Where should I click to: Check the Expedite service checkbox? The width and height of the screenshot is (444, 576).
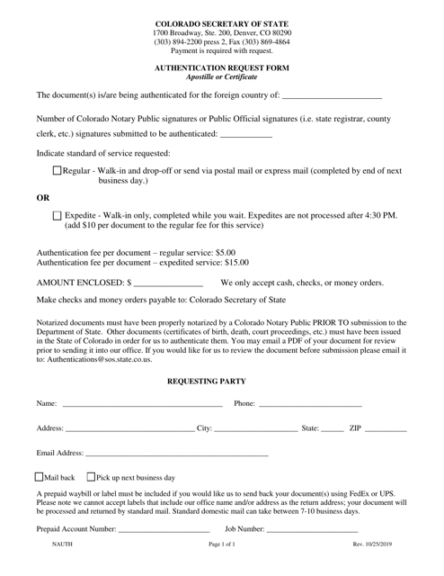pyautogui.click(x=58, y=216)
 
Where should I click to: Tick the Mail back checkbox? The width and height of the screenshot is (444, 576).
pyautogui.click(x=38, y=476)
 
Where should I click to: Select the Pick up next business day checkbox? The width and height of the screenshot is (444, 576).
pyautogui.click(x=91, y=476)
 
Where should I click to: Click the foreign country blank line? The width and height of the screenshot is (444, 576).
pyautogui.click(x=332, y=95)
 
